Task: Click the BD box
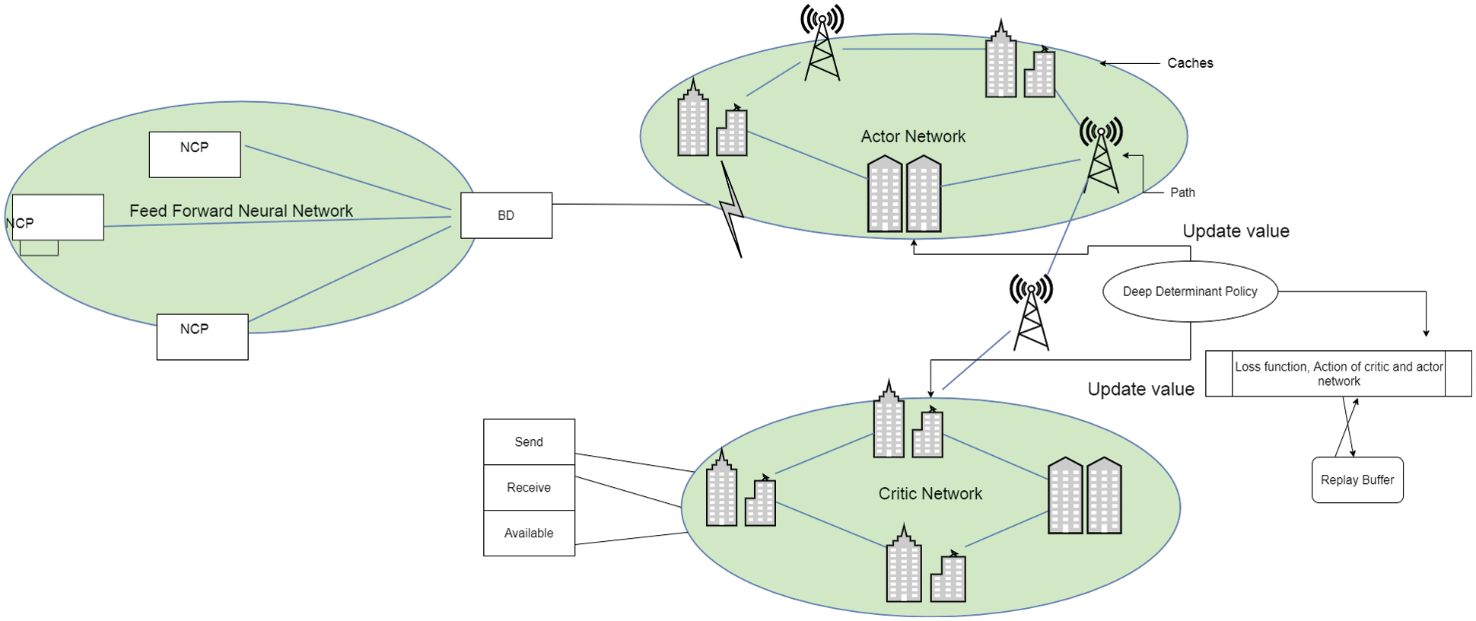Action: tap(506, 215)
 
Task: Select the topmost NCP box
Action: tap(195, 154)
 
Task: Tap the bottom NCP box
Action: tap(202, 336)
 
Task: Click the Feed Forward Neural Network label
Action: tap(240, 211)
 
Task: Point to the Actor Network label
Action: tap(913, 136)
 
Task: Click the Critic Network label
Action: tap(930, 493)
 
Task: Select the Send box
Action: tap(529, 442)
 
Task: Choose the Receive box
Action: tap(529, 488)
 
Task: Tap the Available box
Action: tap(529, 533)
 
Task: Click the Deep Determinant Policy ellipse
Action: tap(1190, 291)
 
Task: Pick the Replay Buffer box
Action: tap(1357, 480)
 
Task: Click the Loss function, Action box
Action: tap(1338, 374)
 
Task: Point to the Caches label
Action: tap(1190, 63)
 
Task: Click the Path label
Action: tap(1182, 193)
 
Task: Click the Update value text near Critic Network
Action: tap(1140, 389)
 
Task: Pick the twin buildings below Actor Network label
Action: tap(905, 194)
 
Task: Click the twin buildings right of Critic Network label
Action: tap(1085, 495)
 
